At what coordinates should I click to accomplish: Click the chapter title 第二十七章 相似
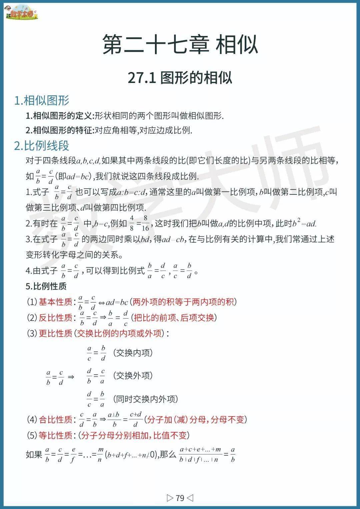click(180, 44)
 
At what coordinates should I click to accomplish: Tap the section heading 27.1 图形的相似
click(180, 78)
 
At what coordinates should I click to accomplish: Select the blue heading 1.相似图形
click(42, 100)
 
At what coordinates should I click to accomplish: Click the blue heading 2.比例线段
click(42, 146)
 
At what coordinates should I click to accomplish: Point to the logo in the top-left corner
click(21, 13)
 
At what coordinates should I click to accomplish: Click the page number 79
click(180, 498)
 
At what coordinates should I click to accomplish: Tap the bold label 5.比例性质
click(46, 286)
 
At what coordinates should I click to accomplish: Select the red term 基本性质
click(55, 302)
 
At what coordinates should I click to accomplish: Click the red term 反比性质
click(55, 318)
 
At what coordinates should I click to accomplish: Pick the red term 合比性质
click(55, 420)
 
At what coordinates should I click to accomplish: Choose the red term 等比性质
click(55, 435)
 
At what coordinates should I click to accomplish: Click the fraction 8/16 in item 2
click(145, 223)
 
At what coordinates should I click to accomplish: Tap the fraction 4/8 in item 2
click(132, 223)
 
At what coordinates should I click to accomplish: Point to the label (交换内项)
click(133, 353)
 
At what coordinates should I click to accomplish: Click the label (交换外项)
click(133, 376)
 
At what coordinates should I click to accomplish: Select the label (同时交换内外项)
click(145, 399)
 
